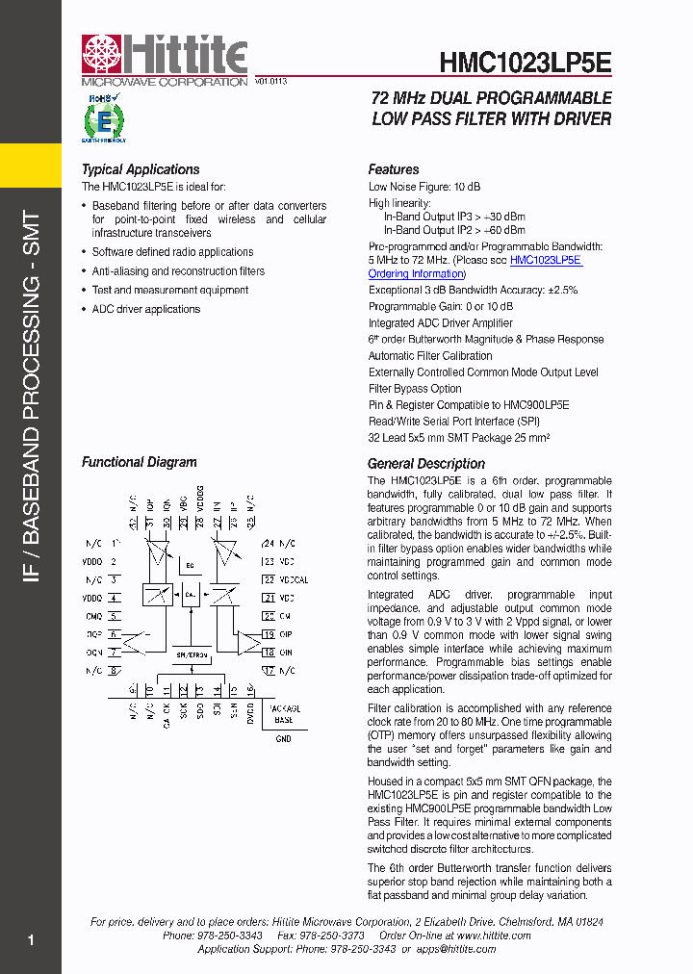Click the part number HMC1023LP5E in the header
point(525,64)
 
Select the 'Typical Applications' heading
point(141,169)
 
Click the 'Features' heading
point(394,169)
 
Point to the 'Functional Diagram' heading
point(139,462)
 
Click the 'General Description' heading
point(426,463)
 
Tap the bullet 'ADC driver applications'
point(146,309)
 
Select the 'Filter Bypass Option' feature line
point(415,389)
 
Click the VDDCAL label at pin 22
point(294,580)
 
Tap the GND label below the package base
point(283,739)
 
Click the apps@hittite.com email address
point(456,949)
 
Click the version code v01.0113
point(270,83)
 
